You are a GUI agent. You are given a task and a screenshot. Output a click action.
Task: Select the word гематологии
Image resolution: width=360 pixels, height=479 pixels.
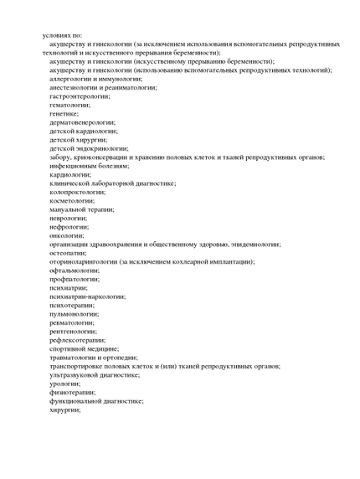(x=69, y=105)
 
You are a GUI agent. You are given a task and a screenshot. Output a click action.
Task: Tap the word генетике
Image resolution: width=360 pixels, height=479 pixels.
(x=64, y=113)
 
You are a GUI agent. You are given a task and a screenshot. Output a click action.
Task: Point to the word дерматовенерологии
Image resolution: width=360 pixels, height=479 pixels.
(x=82, y=122)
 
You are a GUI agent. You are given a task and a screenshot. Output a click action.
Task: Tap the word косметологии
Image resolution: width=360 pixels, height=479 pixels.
(x=72, y=200)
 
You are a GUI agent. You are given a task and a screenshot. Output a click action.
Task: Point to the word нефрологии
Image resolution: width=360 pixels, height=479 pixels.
(x=69, y=227)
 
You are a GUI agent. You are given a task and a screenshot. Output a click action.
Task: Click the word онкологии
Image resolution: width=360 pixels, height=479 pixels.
(x=66, y=235)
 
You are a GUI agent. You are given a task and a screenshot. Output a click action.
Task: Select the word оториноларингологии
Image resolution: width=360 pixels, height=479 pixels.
(x=83, y=261)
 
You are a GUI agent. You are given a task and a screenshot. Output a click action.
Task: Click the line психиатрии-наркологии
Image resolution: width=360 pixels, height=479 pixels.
(x=87, y=296)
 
